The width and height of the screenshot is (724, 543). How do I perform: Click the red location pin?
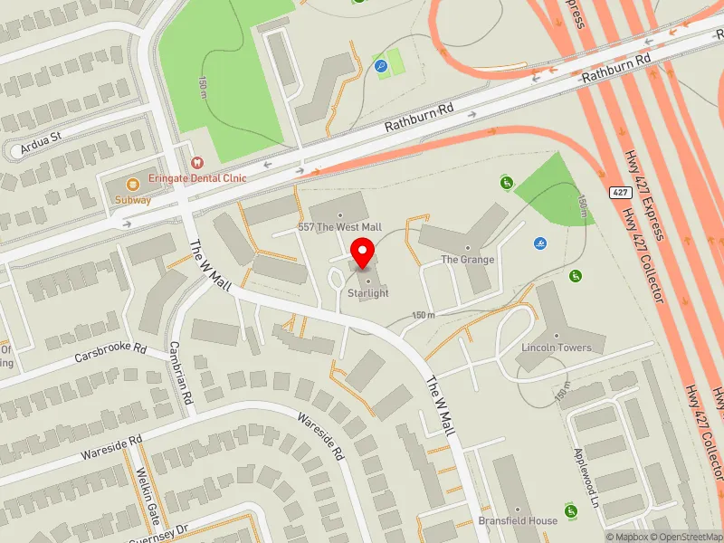pyautogui.click(x=363, y=252)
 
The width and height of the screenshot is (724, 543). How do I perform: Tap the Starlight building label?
pyautogui.click(x=368, y=293)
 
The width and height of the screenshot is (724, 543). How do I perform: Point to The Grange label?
pyautogui.click(x=467, y=260)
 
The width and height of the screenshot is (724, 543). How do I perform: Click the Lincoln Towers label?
pyautogui.click(x=557, y=348)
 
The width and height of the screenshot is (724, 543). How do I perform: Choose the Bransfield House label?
pyautogui.click(x=518, y=521)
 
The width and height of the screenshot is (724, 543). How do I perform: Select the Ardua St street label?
pyautogui.click(x=43, y=138)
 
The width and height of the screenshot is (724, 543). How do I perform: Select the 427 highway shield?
pyautogui.click(x=619, y=193)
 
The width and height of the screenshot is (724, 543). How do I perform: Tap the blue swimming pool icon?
pyautogui.click(x=540, y=243)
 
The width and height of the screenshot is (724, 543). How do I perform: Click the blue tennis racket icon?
pyautogui.click(x=381, y=65)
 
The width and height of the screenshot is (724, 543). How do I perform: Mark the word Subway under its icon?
pyautogui.click(x=133, y=200)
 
